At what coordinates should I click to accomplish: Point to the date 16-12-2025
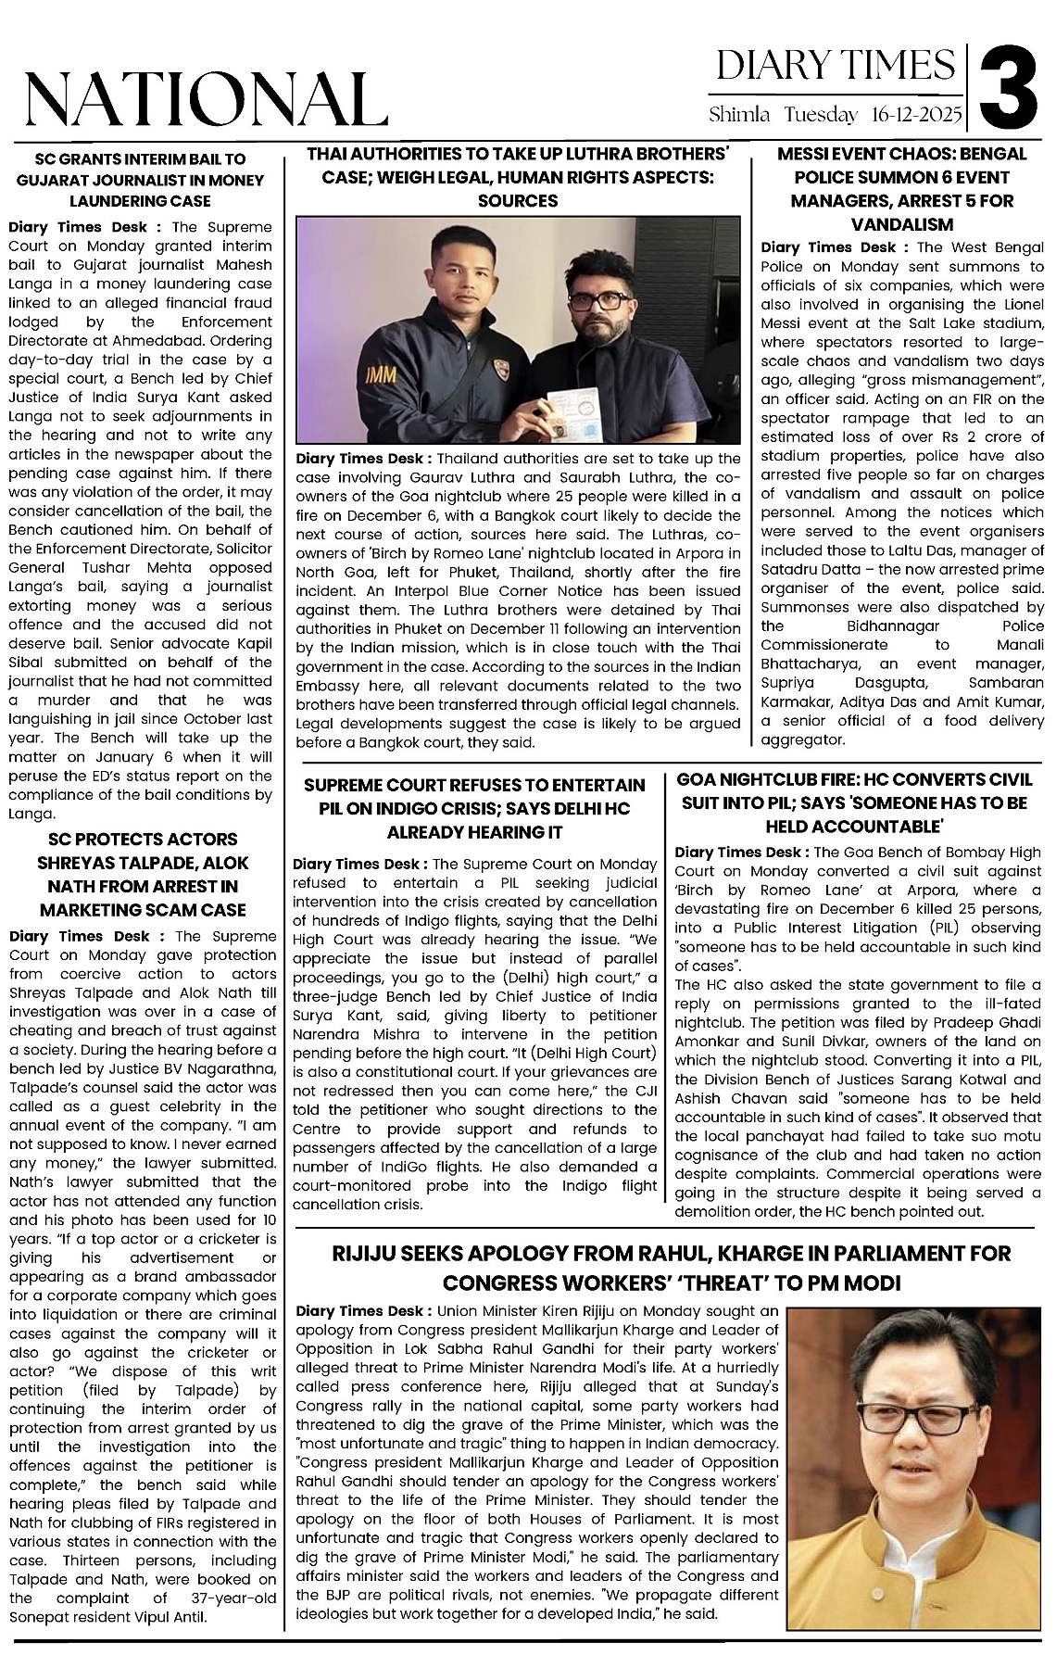[916, 116]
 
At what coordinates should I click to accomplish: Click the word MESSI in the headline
[811, 154]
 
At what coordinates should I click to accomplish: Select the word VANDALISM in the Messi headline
[901, 224]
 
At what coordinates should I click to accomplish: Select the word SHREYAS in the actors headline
[85, 863]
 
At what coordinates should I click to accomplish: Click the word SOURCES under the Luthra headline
[518, 200]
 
